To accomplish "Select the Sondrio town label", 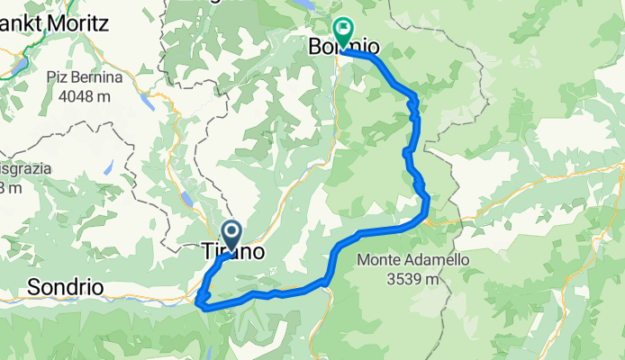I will point(65,288).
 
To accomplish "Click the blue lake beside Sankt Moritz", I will point(20,65).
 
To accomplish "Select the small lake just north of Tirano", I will point(187,200).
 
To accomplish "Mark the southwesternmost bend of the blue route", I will point(198,303).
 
